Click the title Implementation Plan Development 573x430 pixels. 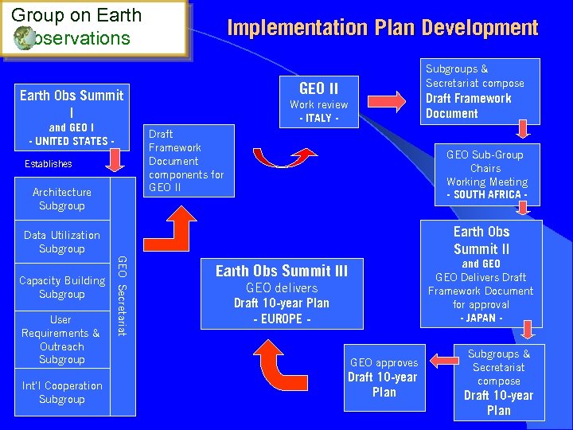tap(383, 28)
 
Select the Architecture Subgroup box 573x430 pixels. tap(62, 198)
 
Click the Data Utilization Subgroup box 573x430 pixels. tap(62, 242)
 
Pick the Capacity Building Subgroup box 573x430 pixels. tap(62, 287)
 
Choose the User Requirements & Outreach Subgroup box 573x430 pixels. tap(62, 339)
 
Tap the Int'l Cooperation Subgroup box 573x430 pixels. tap(62, 393)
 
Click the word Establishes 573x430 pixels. tap(47, 164)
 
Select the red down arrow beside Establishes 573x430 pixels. tap(114, 162)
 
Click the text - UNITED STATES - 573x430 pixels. tap(72, 142)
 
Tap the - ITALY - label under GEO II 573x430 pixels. tap(318, 119)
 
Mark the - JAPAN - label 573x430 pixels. tap(481, 319)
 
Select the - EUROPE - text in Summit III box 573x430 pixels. tap(282, 319)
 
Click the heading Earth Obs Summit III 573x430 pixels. tap(282, 271)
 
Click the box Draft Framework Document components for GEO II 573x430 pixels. tap(187, 161)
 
